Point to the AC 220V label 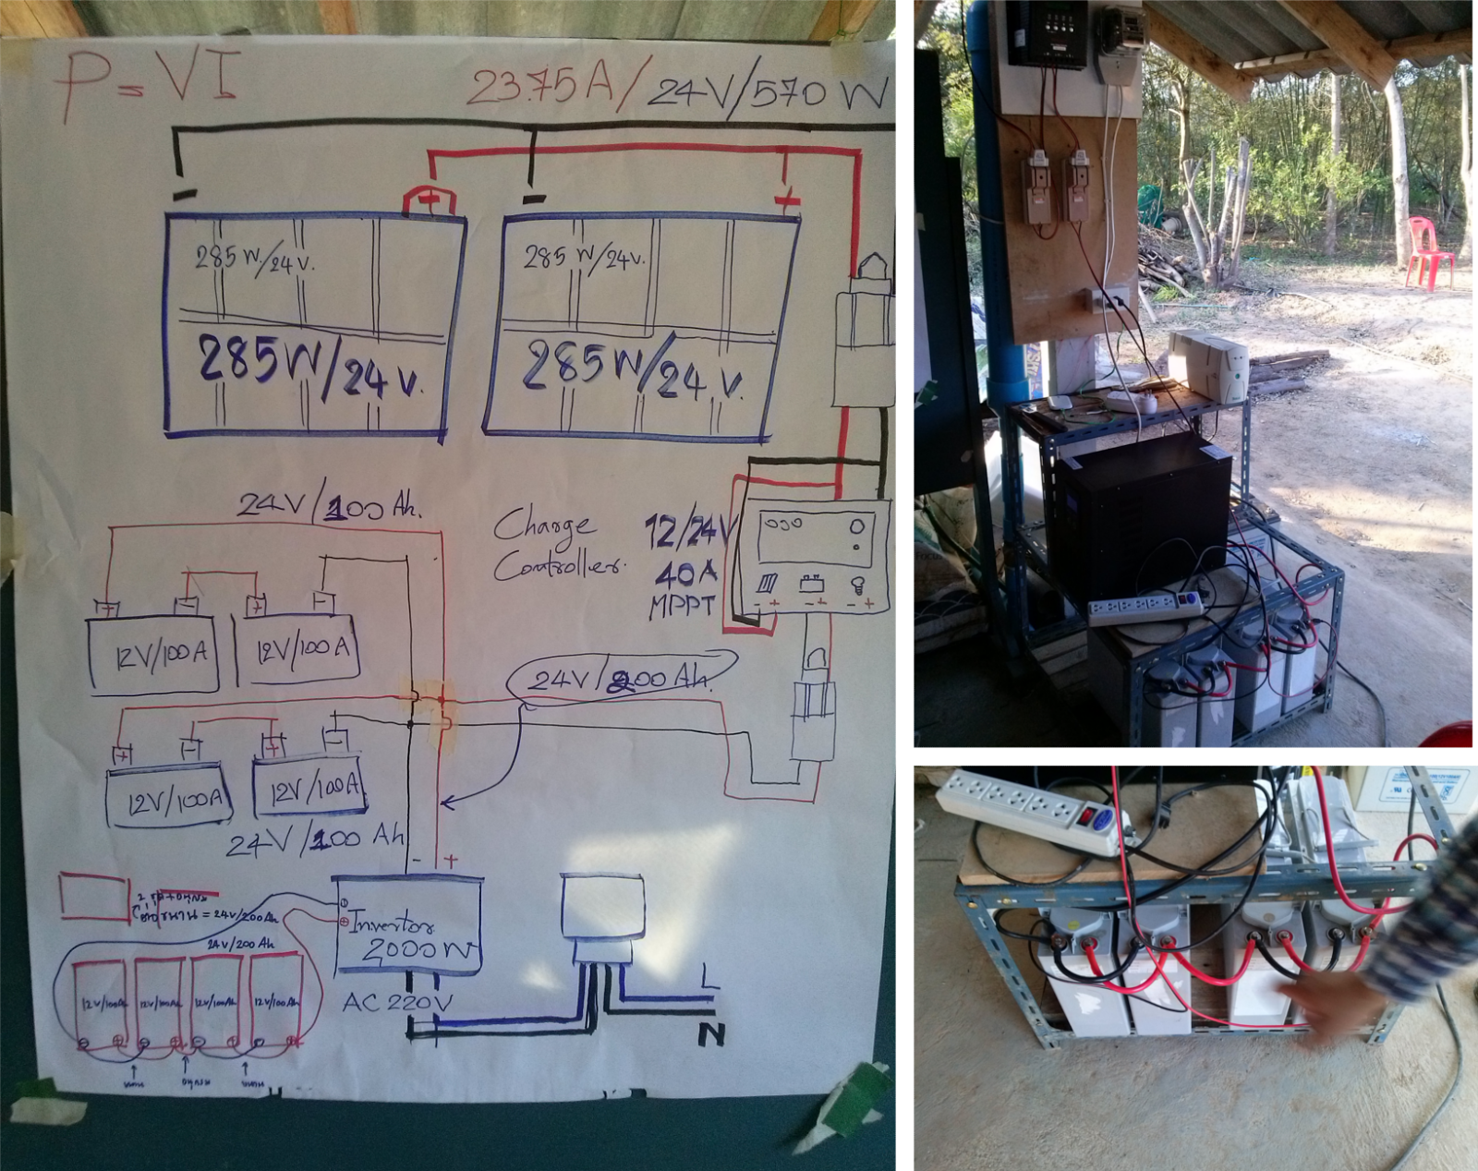(397, 1003)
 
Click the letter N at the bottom (710, 1034)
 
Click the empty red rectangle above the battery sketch (93, 897)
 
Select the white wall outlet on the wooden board (1107, 298)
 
